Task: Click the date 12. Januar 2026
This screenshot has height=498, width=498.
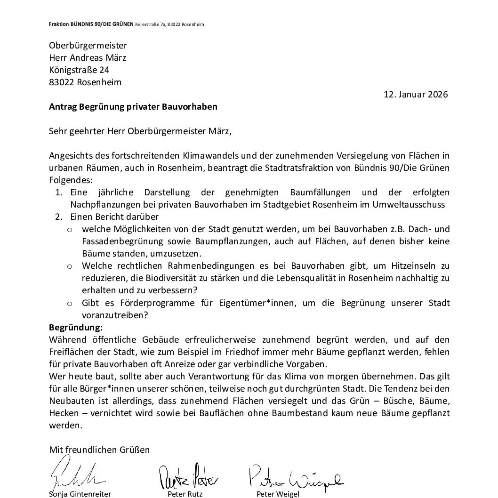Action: pos(416,94)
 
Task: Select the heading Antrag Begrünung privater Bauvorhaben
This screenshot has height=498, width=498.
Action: pos(133,106)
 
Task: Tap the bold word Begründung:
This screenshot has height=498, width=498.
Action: pos(76,327)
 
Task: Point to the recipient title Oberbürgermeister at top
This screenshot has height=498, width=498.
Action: pos(88,46)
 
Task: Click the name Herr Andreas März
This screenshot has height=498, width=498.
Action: pos(88,58)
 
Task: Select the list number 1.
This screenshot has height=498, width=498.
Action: pos(58,193)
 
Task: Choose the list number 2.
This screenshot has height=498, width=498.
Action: pos(58,217)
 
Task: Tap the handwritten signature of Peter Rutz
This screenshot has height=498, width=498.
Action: pos(188,478)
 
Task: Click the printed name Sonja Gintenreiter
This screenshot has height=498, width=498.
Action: pos(80,494)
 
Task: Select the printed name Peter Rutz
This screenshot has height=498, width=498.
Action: pos(185,494)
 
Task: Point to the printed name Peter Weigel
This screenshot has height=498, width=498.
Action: pos(278,494)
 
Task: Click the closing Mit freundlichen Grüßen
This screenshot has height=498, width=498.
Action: pos(99,450)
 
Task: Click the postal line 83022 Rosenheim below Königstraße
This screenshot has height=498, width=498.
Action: pos(85,82)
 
